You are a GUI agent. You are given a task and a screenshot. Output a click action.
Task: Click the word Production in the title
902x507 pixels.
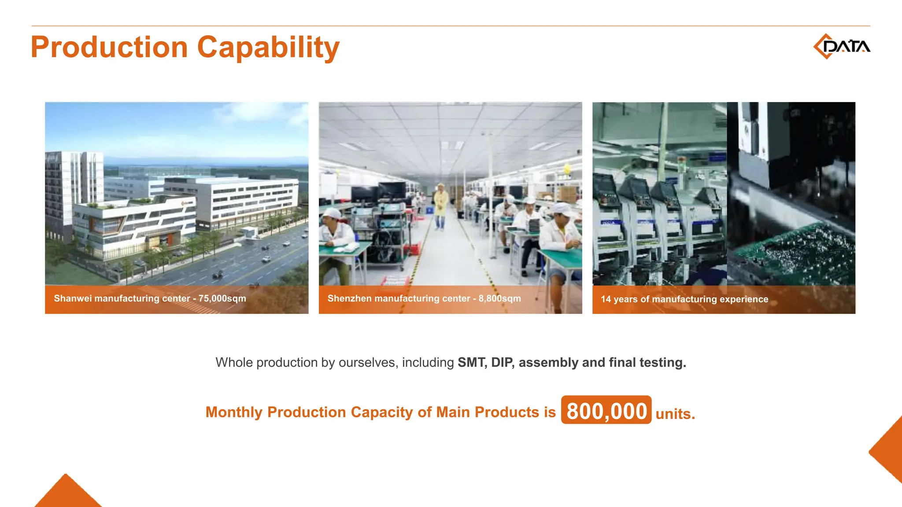(x=109, y=47)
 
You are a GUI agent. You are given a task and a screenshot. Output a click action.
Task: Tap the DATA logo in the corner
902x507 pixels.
(x=842, y=46)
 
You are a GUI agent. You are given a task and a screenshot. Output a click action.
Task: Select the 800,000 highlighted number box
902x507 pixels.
(x=606, y=410)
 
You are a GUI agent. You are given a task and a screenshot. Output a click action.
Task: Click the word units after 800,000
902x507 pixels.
(x=674, y=414)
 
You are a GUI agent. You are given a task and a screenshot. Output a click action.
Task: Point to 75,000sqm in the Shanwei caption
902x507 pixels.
(x=222, y=298)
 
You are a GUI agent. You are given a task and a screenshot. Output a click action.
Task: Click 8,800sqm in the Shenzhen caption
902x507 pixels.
(x=499, y=298)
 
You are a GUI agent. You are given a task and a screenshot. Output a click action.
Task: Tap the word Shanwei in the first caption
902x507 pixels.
(x=73, y=298)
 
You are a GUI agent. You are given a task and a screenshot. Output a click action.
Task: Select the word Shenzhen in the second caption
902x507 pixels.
(x=349, y=298)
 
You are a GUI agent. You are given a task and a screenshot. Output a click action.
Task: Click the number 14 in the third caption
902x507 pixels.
(x=606, y=299)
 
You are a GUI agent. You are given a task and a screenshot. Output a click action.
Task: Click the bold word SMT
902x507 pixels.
(x=472, y=363)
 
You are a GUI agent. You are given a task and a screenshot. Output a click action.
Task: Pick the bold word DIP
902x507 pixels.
(x=502, y=363)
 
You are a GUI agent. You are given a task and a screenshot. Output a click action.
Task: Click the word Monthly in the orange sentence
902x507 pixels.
(x=234, y=412)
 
